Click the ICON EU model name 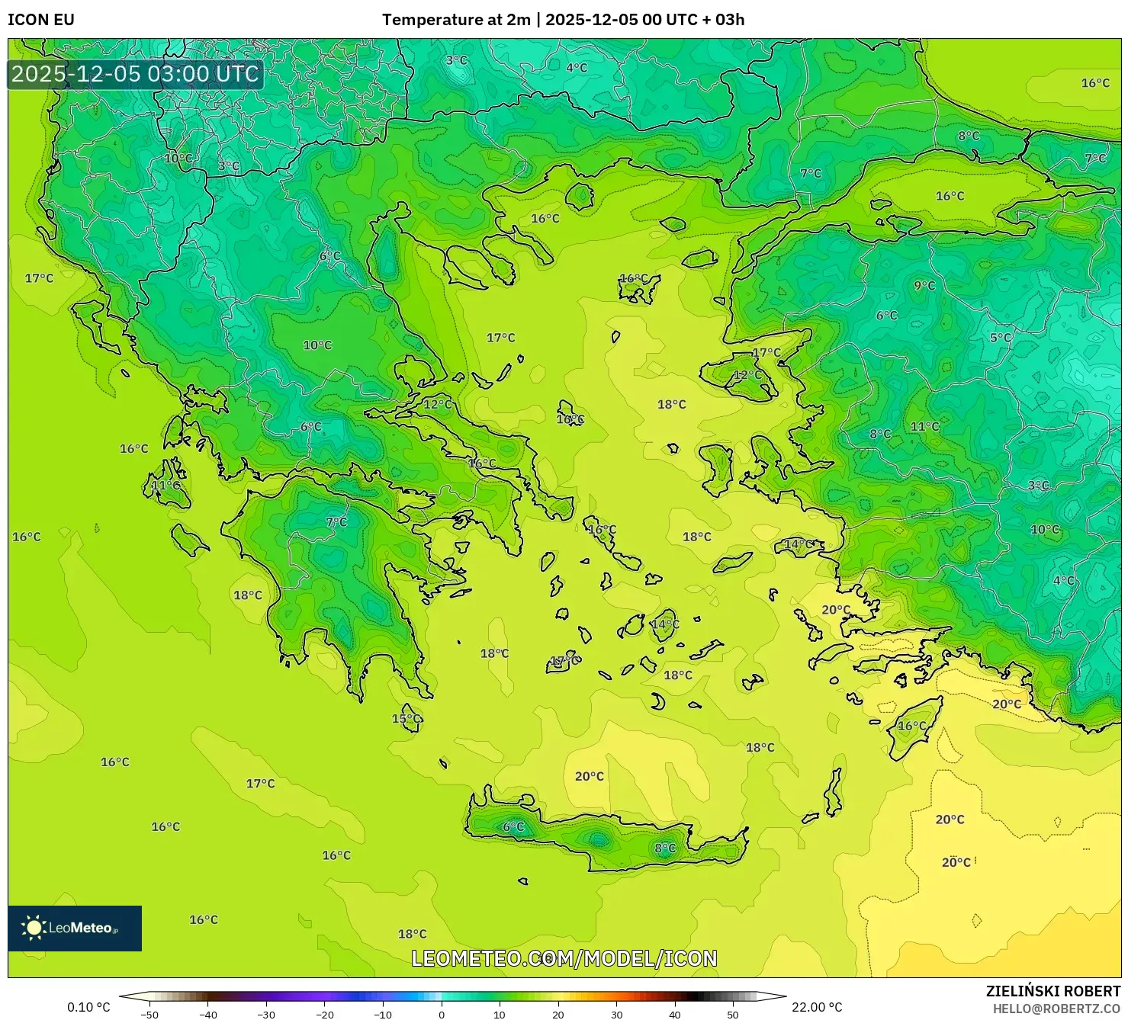click(41, 20)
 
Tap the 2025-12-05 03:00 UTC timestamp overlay click(135, 74)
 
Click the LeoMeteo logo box click(75, 928)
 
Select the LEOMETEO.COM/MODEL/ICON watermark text click(564, 958)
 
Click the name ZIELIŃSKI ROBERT click(1052, 991)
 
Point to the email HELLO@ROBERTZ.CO click(1056, 1008)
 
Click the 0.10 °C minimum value click(88, 1007)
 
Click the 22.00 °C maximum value click(817, 1007)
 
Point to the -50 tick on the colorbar click(149, 1014)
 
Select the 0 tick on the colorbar click(442, 1014)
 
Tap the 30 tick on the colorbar click(616, 1014)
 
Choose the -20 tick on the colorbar click(324, 1014)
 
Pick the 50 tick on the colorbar click(733, 1014)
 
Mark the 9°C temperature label click(924, 285)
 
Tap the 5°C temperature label click(1000, 338)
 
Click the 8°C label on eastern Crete click(665, 848)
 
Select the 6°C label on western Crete click(513, 826)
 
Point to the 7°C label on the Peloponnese click(336, 521)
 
